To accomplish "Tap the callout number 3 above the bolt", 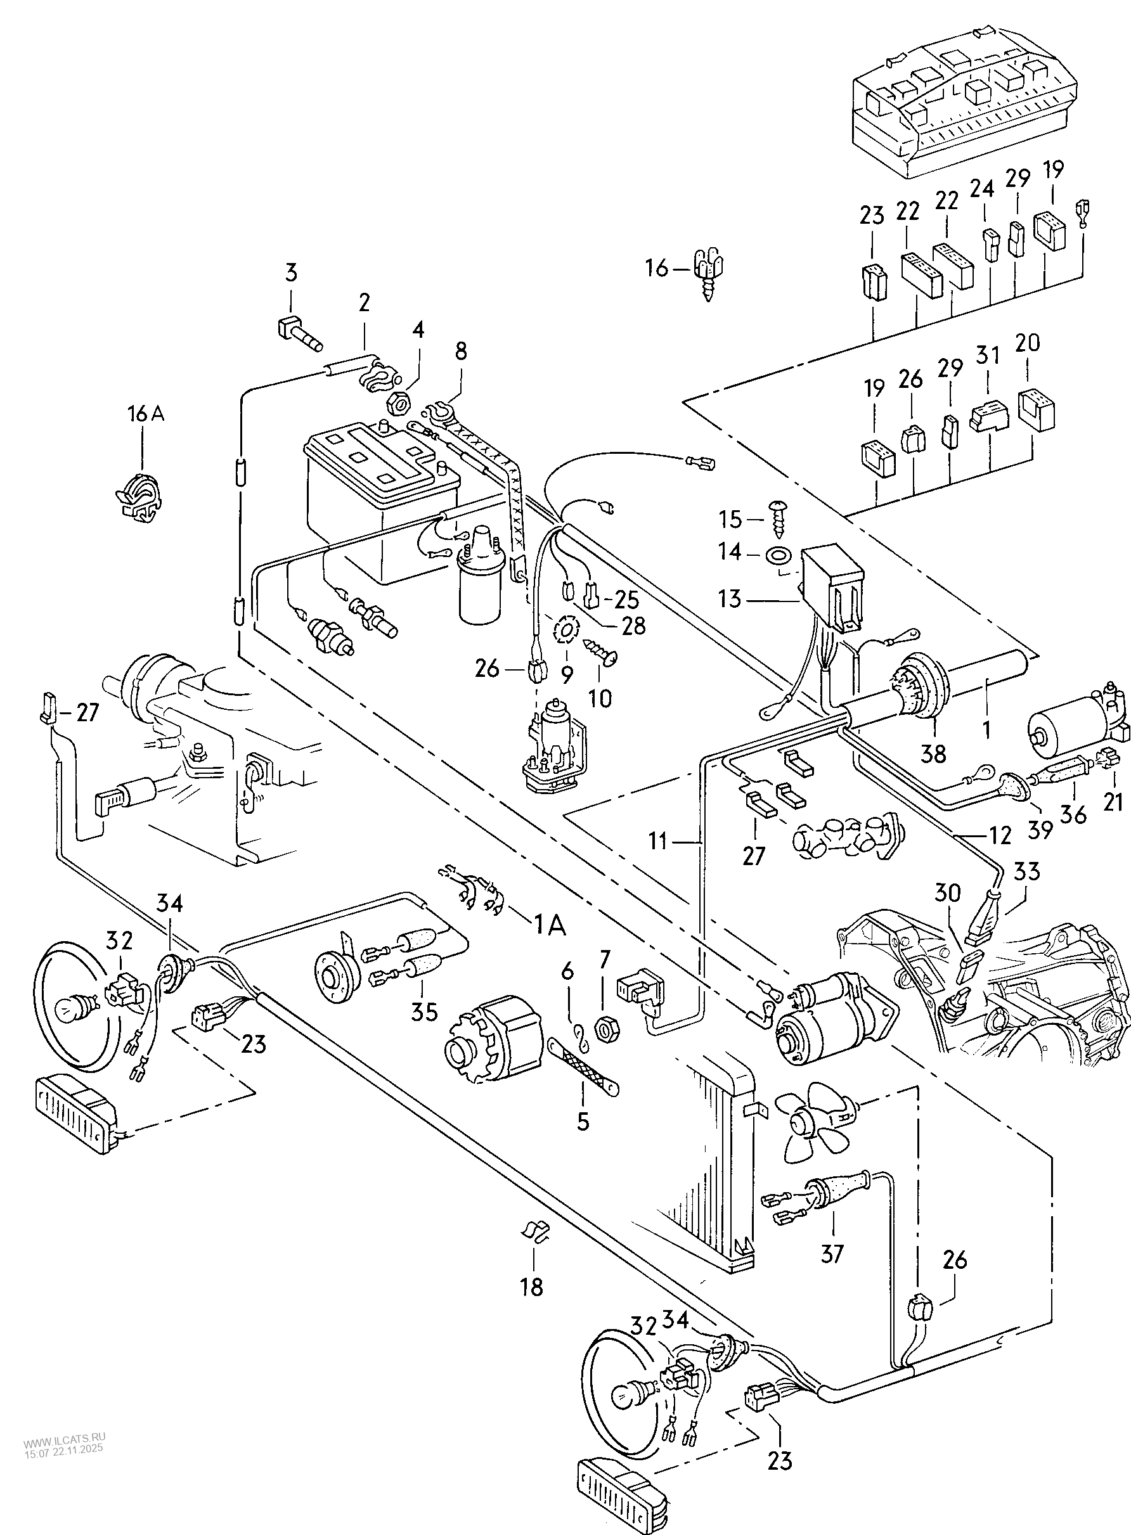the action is click(291, 273).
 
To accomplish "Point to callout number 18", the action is click(531, 1287).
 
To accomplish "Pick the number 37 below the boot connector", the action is click(832, 1253).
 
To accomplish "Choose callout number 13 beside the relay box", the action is click(730, 599).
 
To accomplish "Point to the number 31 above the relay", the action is click(988, 356).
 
